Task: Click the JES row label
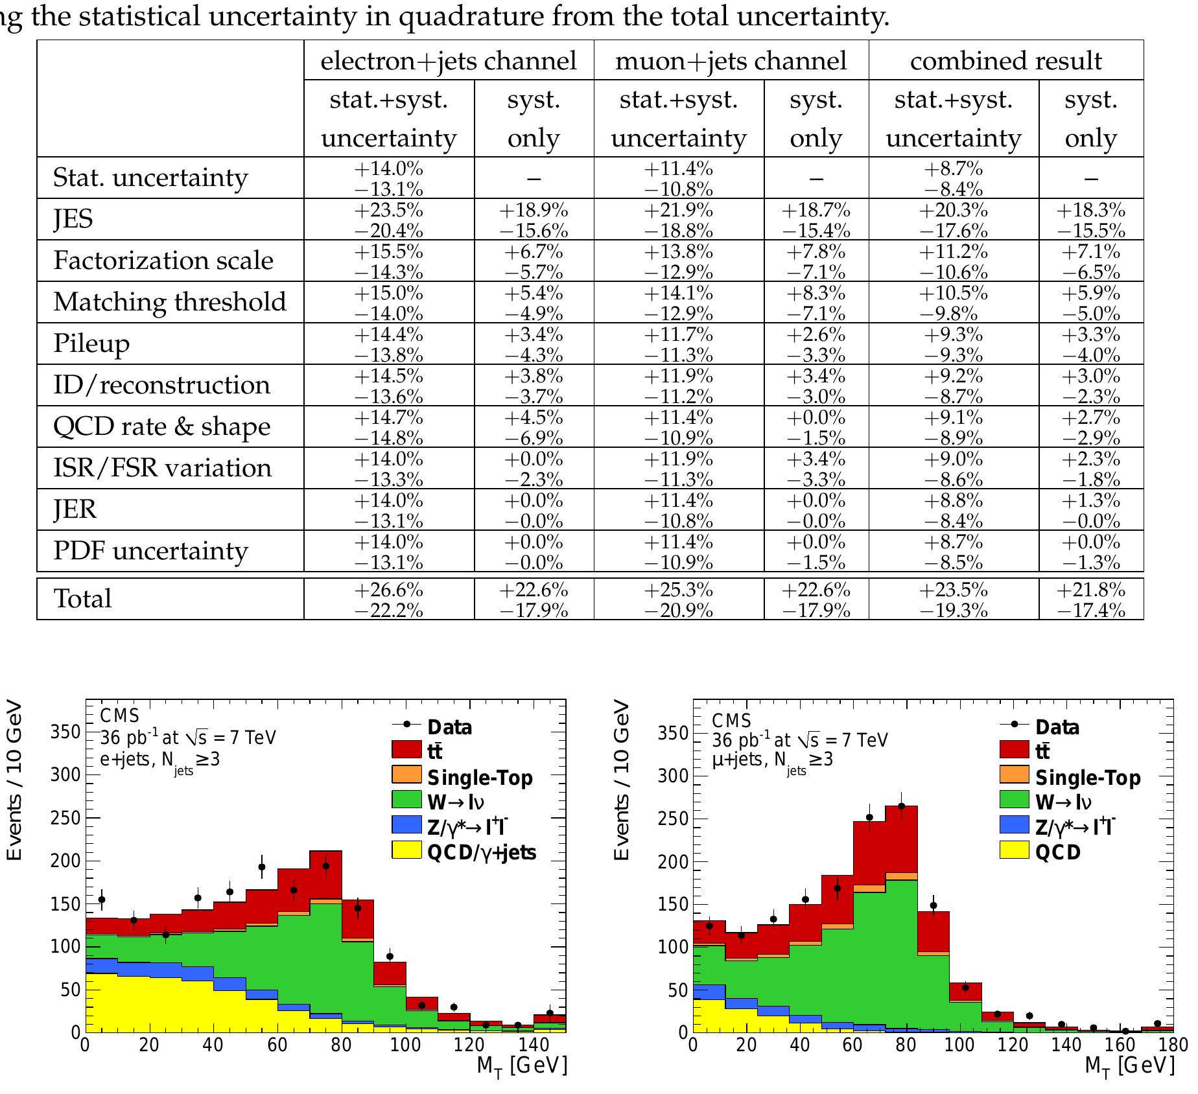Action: click(x=73, y=219)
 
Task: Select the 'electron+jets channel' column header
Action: click(x=449, y=61)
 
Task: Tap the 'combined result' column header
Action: click(x=1005, y=61)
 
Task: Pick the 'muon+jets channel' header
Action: click(x=731, y=61)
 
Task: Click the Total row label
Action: click(x=82, y=599)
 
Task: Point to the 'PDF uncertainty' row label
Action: click(x=150, y=551)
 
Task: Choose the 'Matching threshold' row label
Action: click(x=170, y=302)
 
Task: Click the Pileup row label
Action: click(x=91, y=343)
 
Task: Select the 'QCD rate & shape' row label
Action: click(x=162, y=426)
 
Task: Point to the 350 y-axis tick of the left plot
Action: click(x=65, y=732)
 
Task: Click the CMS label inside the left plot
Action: click(x=120, y=716)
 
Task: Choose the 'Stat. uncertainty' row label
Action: click(x=150, y=178)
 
